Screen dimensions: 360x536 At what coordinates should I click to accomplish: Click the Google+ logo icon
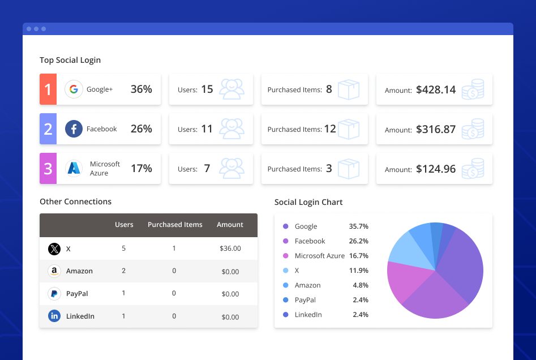74,89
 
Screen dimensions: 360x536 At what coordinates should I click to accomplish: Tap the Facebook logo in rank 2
74,129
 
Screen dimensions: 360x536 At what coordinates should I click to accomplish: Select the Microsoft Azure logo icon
74,168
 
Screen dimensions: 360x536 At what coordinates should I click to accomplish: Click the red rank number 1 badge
48,89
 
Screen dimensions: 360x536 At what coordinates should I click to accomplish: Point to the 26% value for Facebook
141,129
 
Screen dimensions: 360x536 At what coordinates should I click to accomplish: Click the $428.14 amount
435,89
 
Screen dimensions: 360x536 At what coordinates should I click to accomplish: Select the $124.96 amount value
435,169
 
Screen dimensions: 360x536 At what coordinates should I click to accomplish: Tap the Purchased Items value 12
330,129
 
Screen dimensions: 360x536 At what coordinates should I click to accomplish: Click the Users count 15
207,89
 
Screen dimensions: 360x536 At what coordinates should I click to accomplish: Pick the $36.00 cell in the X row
230,248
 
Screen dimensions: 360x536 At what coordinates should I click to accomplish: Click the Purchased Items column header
175,225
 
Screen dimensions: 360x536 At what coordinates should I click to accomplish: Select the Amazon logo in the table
54,271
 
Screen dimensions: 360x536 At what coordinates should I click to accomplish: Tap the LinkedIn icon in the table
54,316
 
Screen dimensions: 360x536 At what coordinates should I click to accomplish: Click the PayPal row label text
77,294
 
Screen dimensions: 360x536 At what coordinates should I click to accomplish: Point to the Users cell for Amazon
124,271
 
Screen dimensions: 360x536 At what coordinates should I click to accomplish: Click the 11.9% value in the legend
358,271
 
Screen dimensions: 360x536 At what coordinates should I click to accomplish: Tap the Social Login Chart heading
308,202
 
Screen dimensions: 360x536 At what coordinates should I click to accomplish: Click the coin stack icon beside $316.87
473,129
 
